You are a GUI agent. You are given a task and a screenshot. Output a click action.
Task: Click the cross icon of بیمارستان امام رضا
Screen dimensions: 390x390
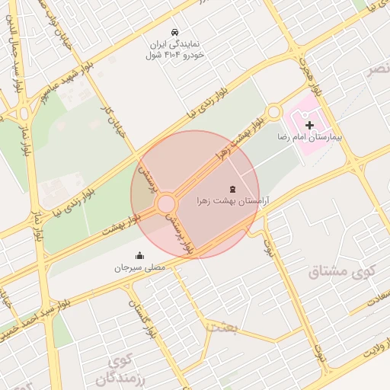tap(309, 124)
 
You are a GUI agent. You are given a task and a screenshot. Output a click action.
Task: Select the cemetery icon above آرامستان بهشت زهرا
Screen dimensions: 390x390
tap(232, 188)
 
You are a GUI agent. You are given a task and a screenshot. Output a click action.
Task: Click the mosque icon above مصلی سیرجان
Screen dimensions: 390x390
tap(139, 256)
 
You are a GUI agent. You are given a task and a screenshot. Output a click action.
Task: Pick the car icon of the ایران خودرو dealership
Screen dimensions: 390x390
tap(176, 32)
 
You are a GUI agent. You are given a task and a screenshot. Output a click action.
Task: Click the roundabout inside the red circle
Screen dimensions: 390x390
tap(166, 204)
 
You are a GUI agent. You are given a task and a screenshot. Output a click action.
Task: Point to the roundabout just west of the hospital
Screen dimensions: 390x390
tap(275, 113)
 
